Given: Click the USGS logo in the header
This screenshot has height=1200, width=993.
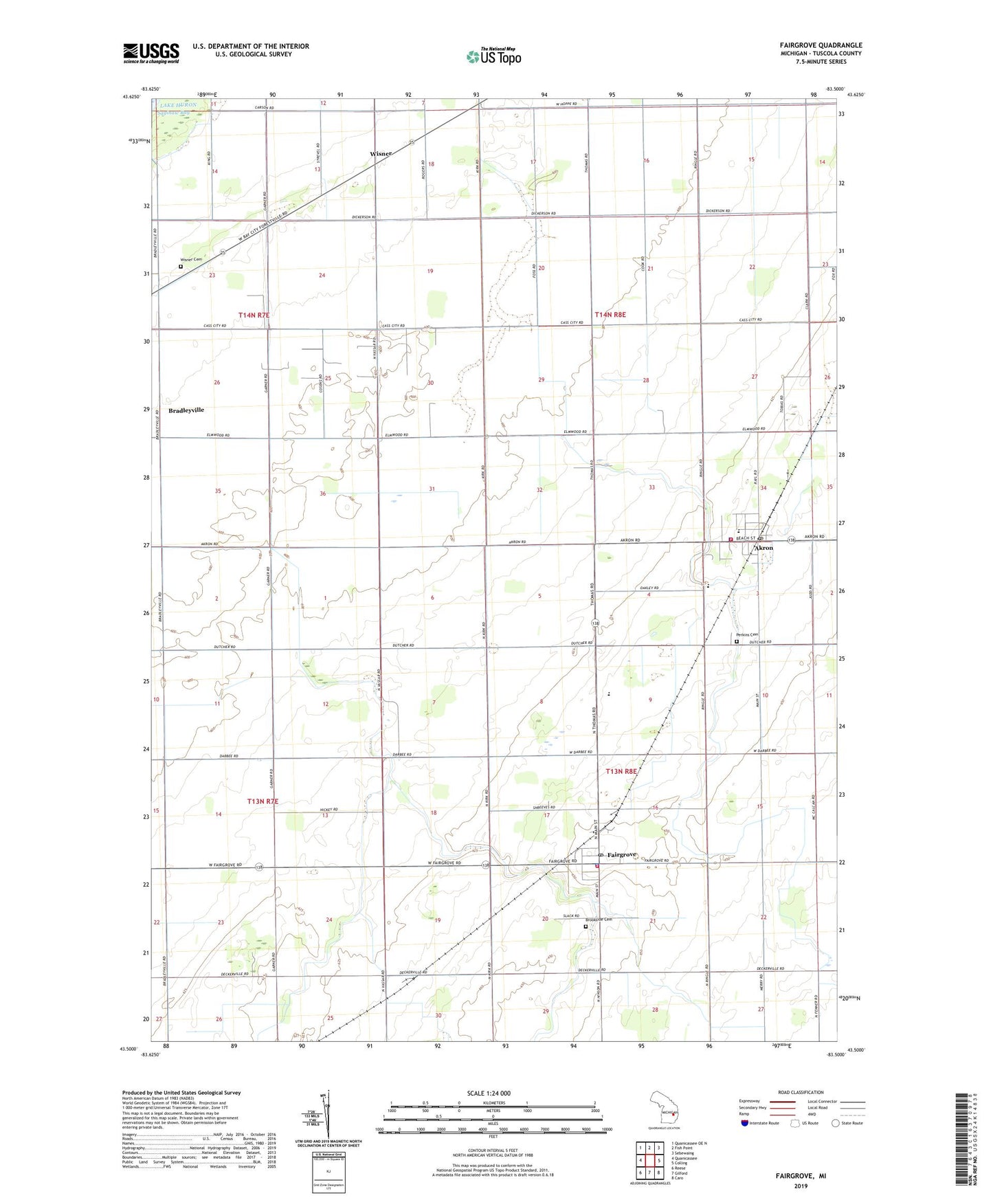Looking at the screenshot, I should pyautogui.click(x=151, y=53).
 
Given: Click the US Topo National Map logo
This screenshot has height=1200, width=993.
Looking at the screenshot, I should pyautogui.click(x=493, y=56).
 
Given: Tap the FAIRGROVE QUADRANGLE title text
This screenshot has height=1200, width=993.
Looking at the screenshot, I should pyautogui.click(x=821, y=45).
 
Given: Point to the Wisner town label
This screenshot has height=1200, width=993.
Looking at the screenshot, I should pyautogui.click(x=380, y=154).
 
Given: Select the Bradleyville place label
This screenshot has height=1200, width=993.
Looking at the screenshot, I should pyautogui.click(x=186, y=410).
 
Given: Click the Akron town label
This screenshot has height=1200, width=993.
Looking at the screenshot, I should pyautogui.click(x=763, y=548).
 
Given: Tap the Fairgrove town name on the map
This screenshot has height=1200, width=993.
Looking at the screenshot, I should pyautogui.click(x=622, y=854).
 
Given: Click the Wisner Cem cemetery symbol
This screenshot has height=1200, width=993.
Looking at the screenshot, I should pyautogui.click(x=181, y=267).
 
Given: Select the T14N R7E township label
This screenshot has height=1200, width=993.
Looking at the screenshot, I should pyautogui.click(x=254, y=315).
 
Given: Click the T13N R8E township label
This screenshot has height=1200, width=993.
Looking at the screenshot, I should pyautogui.click(x=621, y=771).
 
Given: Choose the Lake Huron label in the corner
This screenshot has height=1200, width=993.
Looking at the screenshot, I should pyautogui.click(x=178, y=105).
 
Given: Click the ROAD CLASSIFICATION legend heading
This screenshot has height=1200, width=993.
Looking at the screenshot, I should pyautogui.click(x=801, y=1092).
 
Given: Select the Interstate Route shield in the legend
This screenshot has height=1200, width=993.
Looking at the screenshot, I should pyautogui.click(x=745, y=1123).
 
